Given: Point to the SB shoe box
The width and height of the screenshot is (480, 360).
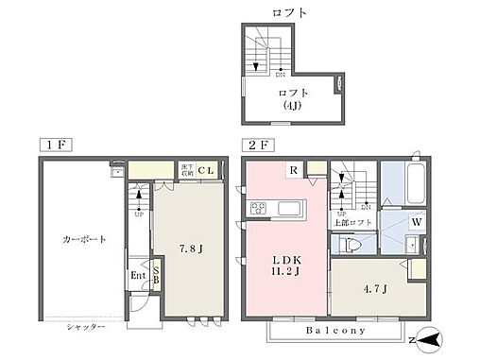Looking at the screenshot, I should (156, 279).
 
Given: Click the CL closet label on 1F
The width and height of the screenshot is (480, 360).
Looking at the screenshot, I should (206, 171).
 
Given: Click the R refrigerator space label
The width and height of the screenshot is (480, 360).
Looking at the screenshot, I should (294, 171).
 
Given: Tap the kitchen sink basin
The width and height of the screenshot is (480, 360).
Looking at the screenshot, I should (289, 208).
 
